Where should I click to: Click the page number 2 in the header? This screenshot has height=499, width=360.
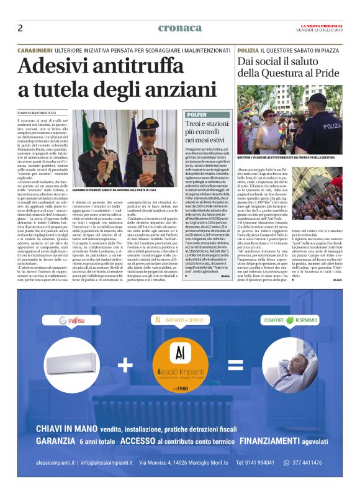[x=20, y=28]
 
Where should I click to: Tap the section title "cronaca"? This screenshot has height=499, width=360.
[x=180, y=28]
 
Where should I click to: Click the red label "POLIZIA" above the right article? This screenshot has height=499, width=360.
[x=248, y=49]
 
